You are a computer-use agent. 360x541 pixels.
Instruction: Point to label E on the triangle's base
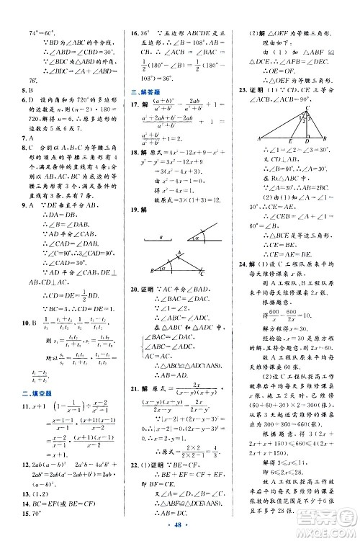click(292, 141)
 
